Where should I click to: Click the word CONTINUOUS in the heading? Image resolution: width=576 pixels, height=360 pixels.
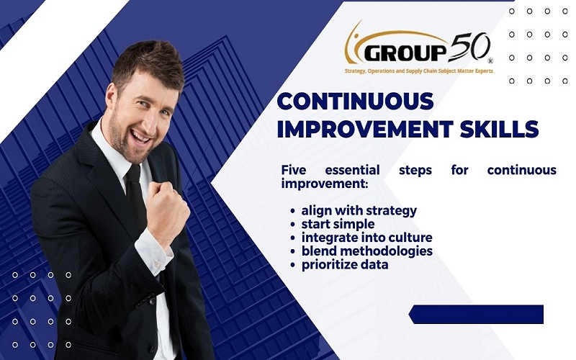355,101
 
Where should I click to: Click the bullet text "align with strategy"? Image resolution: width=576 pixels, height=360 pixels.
359,211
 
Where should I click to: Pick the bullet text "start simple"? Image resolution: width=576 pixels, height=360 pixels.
338,224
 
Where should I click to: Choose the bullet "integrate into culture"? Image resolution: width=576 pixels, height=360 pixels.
366,238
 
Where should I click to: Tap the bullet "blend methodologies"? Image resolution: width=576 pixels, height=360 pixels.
367,251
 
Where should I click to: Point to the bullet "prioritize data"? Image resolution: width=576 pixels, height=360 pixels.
345,264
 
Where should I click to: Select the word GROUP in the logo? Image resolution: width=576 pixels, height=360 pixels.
405,53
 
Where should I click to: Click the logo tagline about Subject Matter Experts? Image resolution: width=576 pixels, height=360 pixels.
419,71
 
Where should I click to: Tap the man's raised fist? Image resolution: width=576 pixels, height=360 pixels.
168,209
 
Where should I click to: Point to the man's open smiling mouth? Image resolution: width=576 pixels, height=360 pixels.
140,137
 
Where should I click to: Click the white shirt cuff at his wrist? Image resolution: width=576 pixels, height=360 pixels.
154,251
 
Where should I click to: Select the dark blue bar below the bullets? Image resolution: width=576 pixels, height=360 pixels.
476,314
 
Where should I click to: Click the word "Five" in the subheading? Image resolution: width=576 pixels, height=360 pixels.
294,170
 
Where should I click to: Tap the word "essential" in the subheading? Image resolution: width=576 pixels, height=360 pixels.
352,170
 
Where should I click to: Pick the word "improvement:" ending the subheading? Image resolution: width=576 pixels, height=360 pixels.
325,184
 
